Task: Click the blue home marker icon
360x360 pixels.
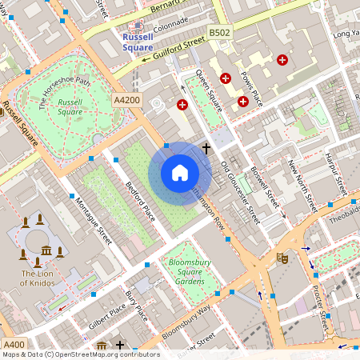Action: pyautogui.click(x=180, y=173)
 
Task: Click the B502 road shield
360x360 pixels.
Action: pyautogui.click(x=219, y=33)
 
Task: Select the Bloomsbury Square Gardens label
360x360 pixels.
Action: pyautogui.click(x=186, y=271)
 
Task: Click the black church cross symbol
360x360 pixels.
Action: pyautogui.click(x=206, y=148)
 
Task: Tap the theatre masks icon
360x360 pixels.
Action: pyautogui.click(x=282, y=258)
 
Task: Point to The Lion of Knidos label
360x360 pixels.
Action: pyautogui.click(x=38, y=278)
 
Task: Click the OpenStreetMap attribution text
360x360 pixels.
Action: pyautogui.click(x=80, y=354)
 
